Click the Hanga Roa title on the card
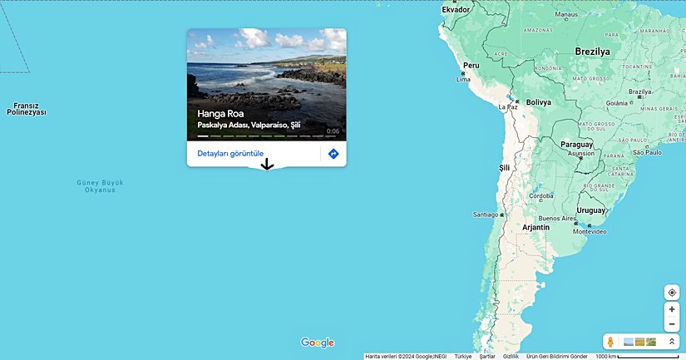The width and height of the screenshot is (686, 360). tap(220, 114)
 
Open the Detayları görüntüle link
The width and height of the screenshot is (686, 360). tap(230, 154)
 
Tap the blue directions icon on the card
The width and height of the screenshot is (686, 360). tap(333, 154)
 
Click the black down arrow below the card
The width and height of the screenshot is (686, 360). tap(267, 165)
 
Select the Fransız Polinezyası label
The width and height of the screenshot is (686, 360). tap(27, 109)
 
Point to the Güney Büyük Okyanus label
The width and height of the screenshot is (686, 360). tap(100, 185)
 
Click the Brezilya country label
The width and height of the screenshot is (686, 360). tap(592, 52)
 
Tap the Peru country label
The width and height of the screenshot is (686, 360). tap(471, 65)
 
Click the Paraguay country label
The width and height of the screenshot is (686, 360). tap(576, 144)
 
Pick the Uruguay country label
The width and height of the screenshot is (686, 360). tap(591, 210)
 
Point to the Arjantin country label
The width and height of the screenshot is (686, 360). tap(535, 227)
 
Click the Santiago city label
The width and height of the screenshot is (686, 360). tap(485, 215)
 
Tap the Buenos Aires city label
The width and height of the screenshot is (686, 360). tap(557, 219)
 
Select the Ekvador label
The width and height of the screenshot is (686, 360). tap(456, 10)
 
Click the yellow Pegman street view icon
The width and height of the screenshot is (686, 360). tap(610, 343)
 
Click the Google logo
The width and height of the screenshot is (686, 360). tap(318, 343)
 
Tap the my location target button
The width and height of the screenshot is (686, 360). tap(672, 293)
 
